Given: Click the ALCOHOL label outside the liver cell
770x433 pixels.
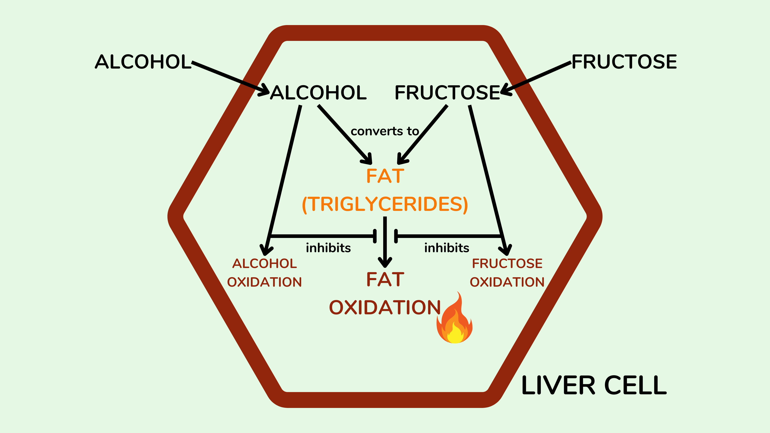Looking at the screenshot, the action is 143,62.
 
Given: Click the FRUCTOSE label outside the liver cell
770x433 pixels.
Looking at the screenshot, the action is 624,62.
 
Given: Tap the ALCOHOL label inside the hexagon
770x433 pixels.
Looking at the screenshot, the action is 318,92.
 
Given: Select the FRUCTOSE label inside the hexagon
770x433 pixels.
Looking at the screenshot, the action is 447,92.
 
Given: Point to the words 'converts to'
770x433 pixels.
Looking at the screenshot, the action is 385,131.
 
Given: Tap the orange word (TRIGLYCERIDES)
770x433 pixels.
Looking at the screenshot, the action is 385,204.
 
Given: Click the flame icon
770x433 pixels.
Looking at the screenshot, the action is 454,318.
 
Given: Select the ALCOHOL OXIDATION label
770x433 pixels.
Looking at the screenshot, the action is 264,273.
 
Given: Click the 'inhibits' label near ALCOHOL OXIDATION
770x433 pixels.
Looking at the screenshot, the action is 328,248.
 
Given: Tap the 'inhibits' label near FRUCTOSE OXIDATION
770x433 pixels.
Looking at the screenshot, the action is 447,248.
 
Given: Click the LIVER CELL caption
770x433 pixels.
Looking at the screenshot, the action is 594,385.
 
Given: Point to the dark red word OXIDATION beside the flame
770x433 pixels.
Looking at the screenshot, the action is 385,308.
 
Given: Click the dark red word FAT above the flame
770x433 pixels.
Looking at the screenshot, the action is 385,279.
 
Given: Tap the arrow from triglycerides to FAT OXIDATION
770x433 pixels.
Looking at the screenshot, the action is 385,242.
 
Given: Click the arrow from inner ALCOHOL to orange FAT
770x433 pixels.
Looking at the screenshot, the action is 345,135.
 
